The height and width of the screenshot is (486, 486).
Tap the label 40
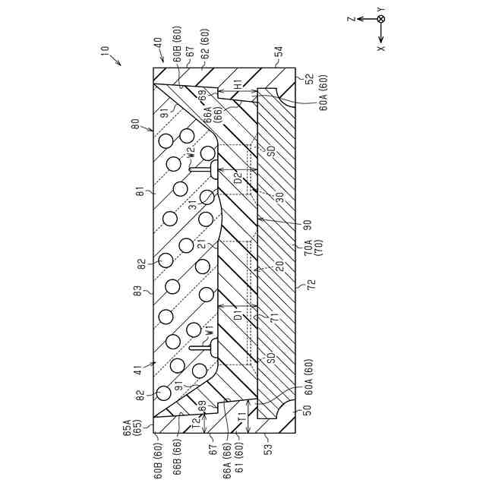(x=158, y=44)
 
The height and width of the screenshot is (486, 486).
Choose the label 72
(x=311, y=286)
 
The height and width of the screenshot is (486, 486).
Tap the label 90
(x=308, y=225)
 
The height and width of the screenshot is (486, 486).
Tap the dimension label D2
(x=238, y=180)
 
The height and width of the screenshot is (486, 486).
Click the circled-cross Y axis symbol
(x=381, y=18)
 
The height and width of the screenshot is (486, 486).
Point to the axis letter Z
(x=352, y=19)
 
